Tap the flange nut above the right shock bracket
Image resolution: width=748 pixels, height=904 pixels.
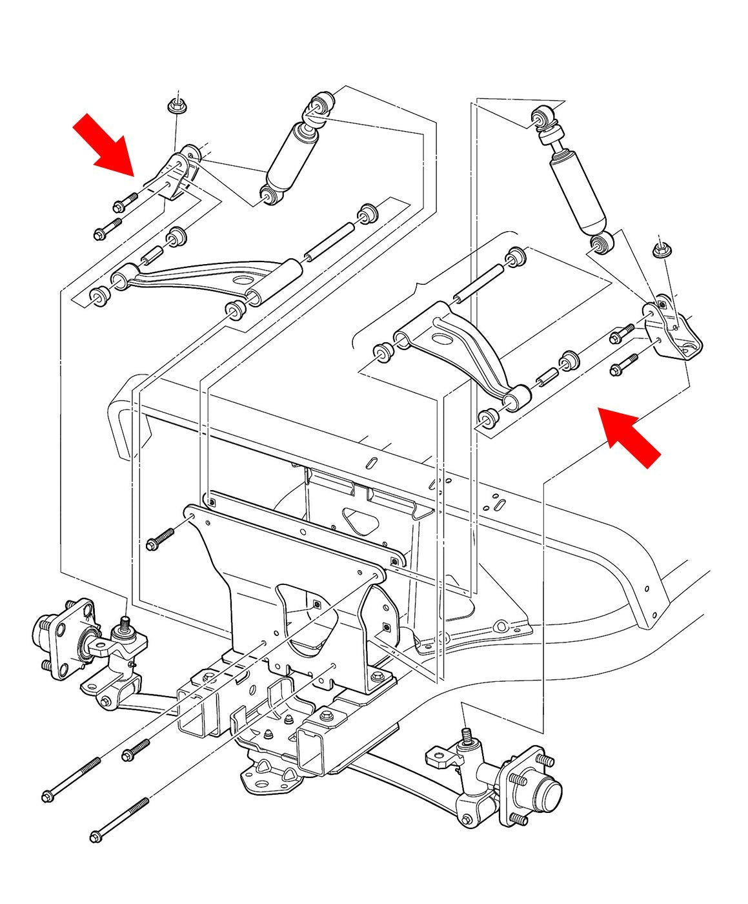(660, 250)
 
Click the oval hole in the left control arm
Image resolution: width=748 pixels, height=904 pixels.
(243, 280)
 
